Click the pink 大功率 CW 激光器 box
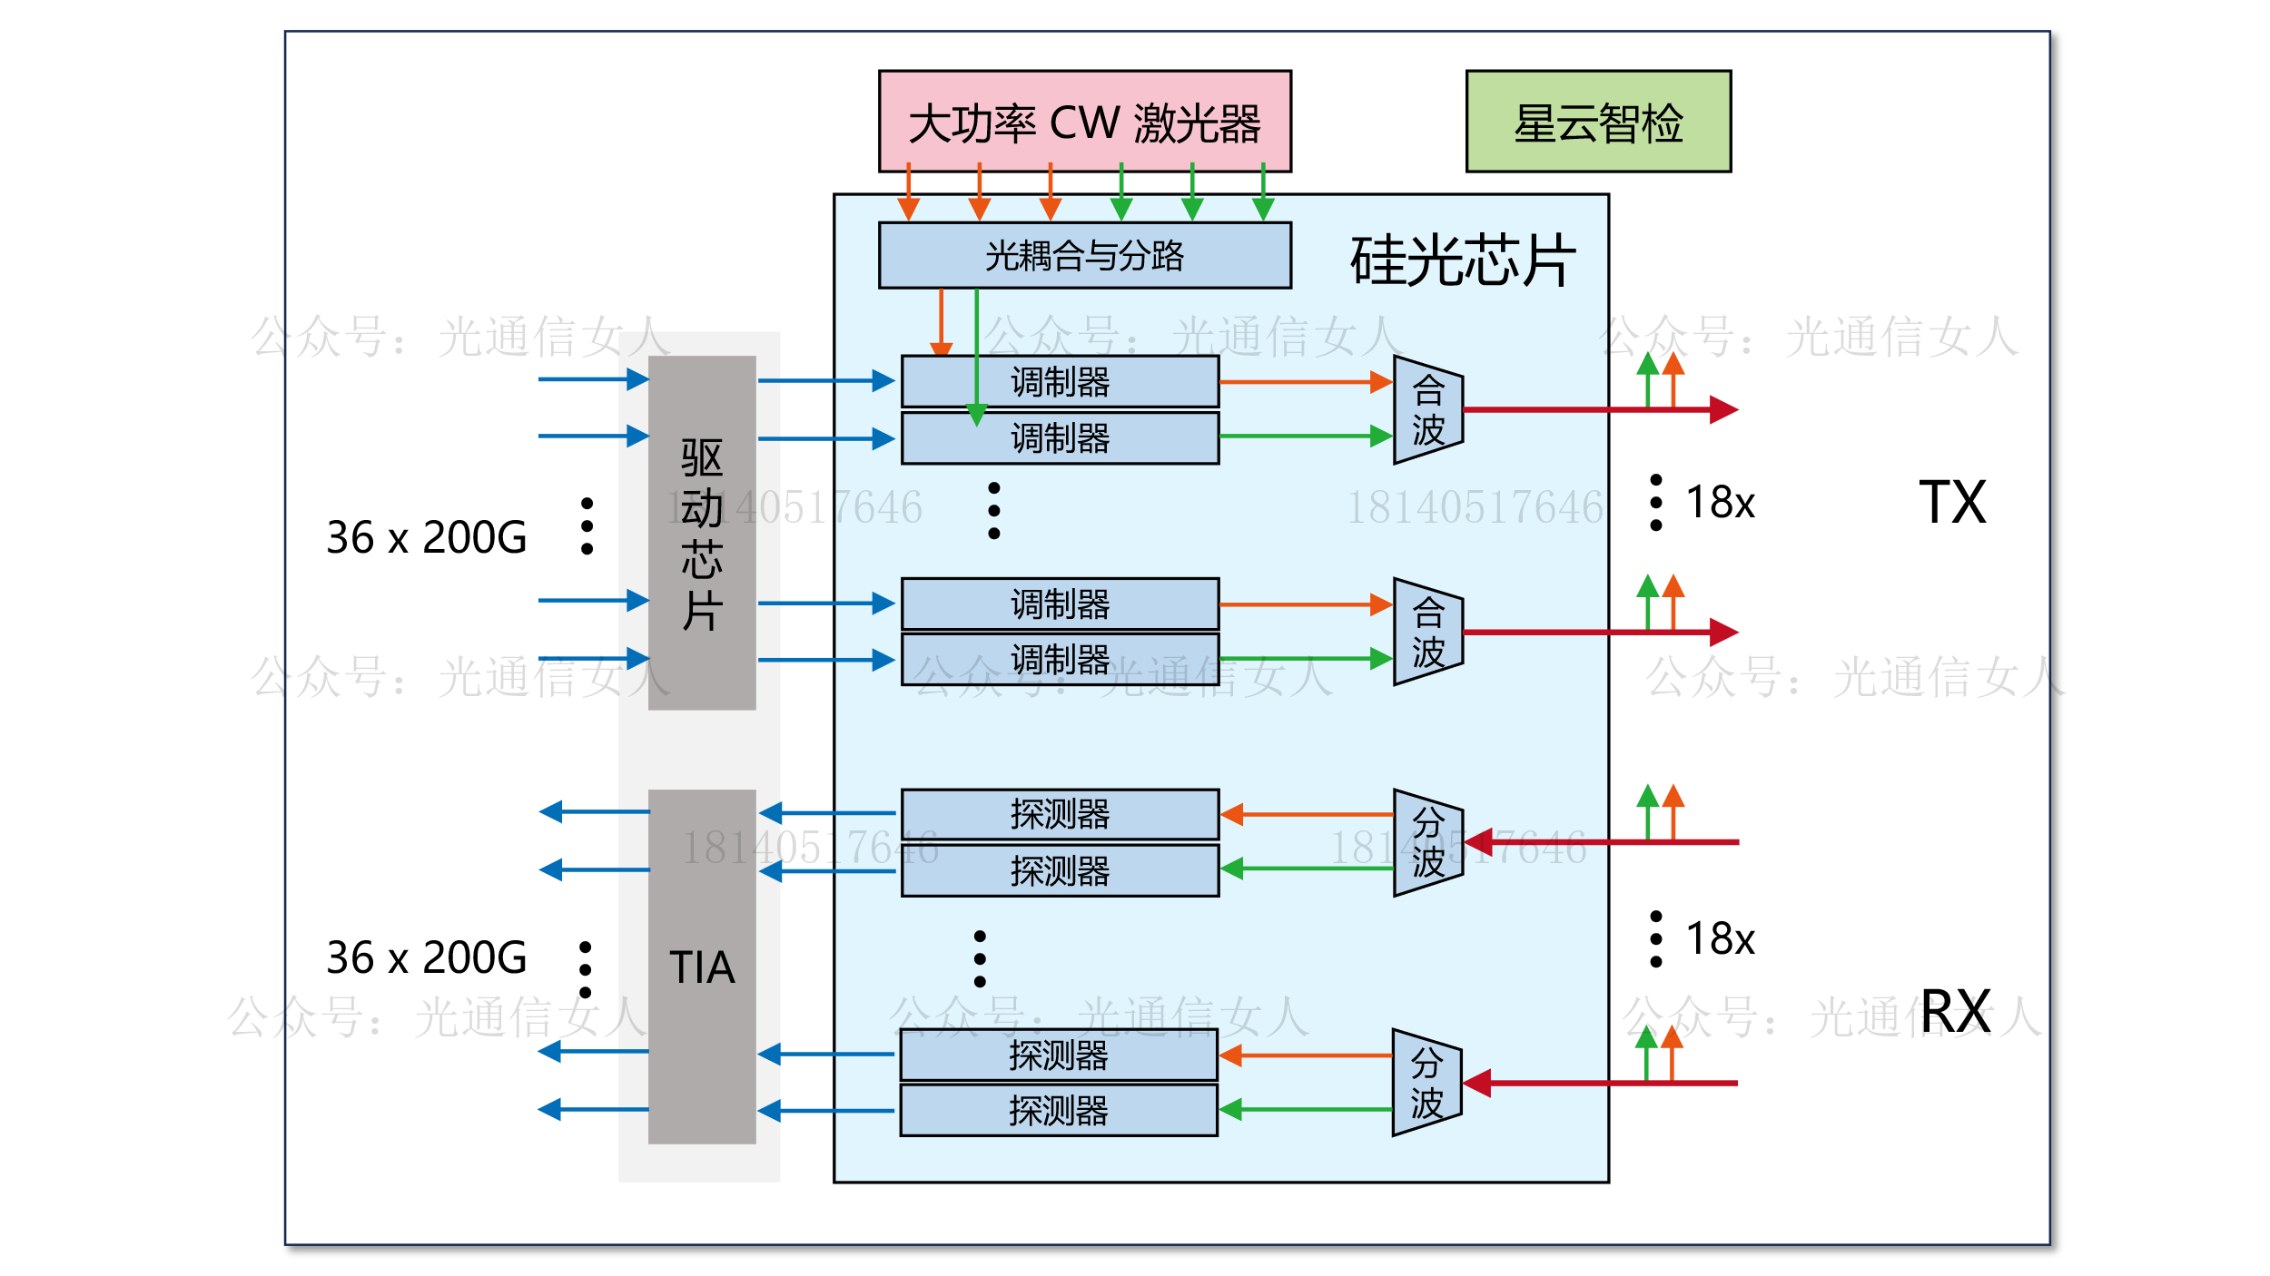(x=1084, y=122)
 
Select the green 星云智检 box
(x=1598, y=122)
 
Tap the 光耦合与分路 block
(x=1084, y=256)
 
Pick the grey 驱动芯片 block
(x=702, y=533)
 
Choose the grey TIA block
(x=702, y=967)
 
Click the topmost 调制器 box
(x=1060, y=382)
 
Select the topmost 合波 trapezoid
(x=1428, y=410)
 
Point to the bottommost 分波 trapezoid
(x=1426, y=1083)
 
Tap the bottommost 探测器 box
(x=1059, y=1111)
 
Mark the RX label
(x=1956, y=1011)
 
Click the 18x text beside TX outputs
(x=1720, y=502)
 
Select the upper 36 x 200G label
(x=427, y=537)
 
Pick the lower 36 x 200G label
(x=427, y=957)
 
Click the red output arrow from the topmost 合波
(x=1598, y=410)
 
